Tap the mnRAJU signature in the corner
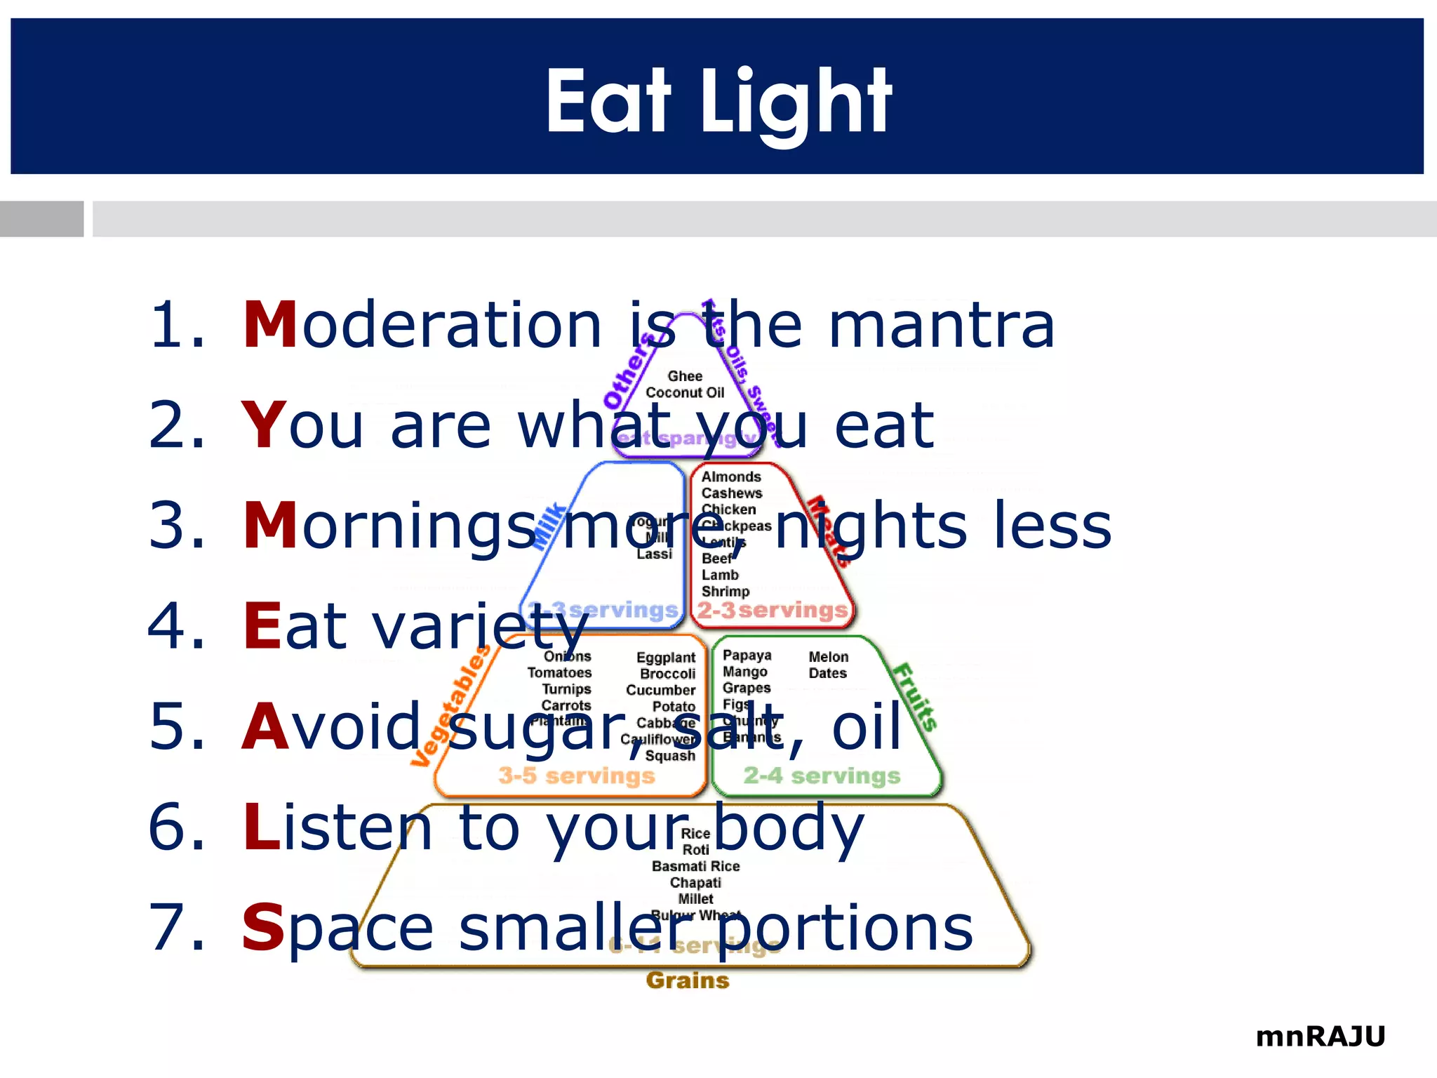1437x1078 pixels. coord(1320,1036)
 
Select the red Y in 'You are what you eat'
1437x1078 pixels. coord(264,425)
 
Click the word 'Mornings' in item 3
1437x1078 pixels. coord(389,526)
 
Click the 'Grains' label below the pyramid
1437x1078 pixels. coord(688,980)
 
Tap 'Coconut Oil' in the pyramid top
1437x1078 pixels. coord(685,393)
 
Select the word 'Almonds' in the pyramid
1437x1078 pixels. coord(731,477)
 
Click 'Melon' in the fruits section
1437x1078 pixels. coord(829,657)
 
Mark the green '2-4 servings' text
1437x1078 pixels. coord(822,776)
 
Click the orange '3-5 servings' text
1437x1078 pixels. coord(576,776)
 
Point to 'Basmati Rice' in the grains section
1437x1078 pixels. coord(695,867)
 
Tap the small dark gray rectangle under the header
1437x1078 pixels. coord(41,219)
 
